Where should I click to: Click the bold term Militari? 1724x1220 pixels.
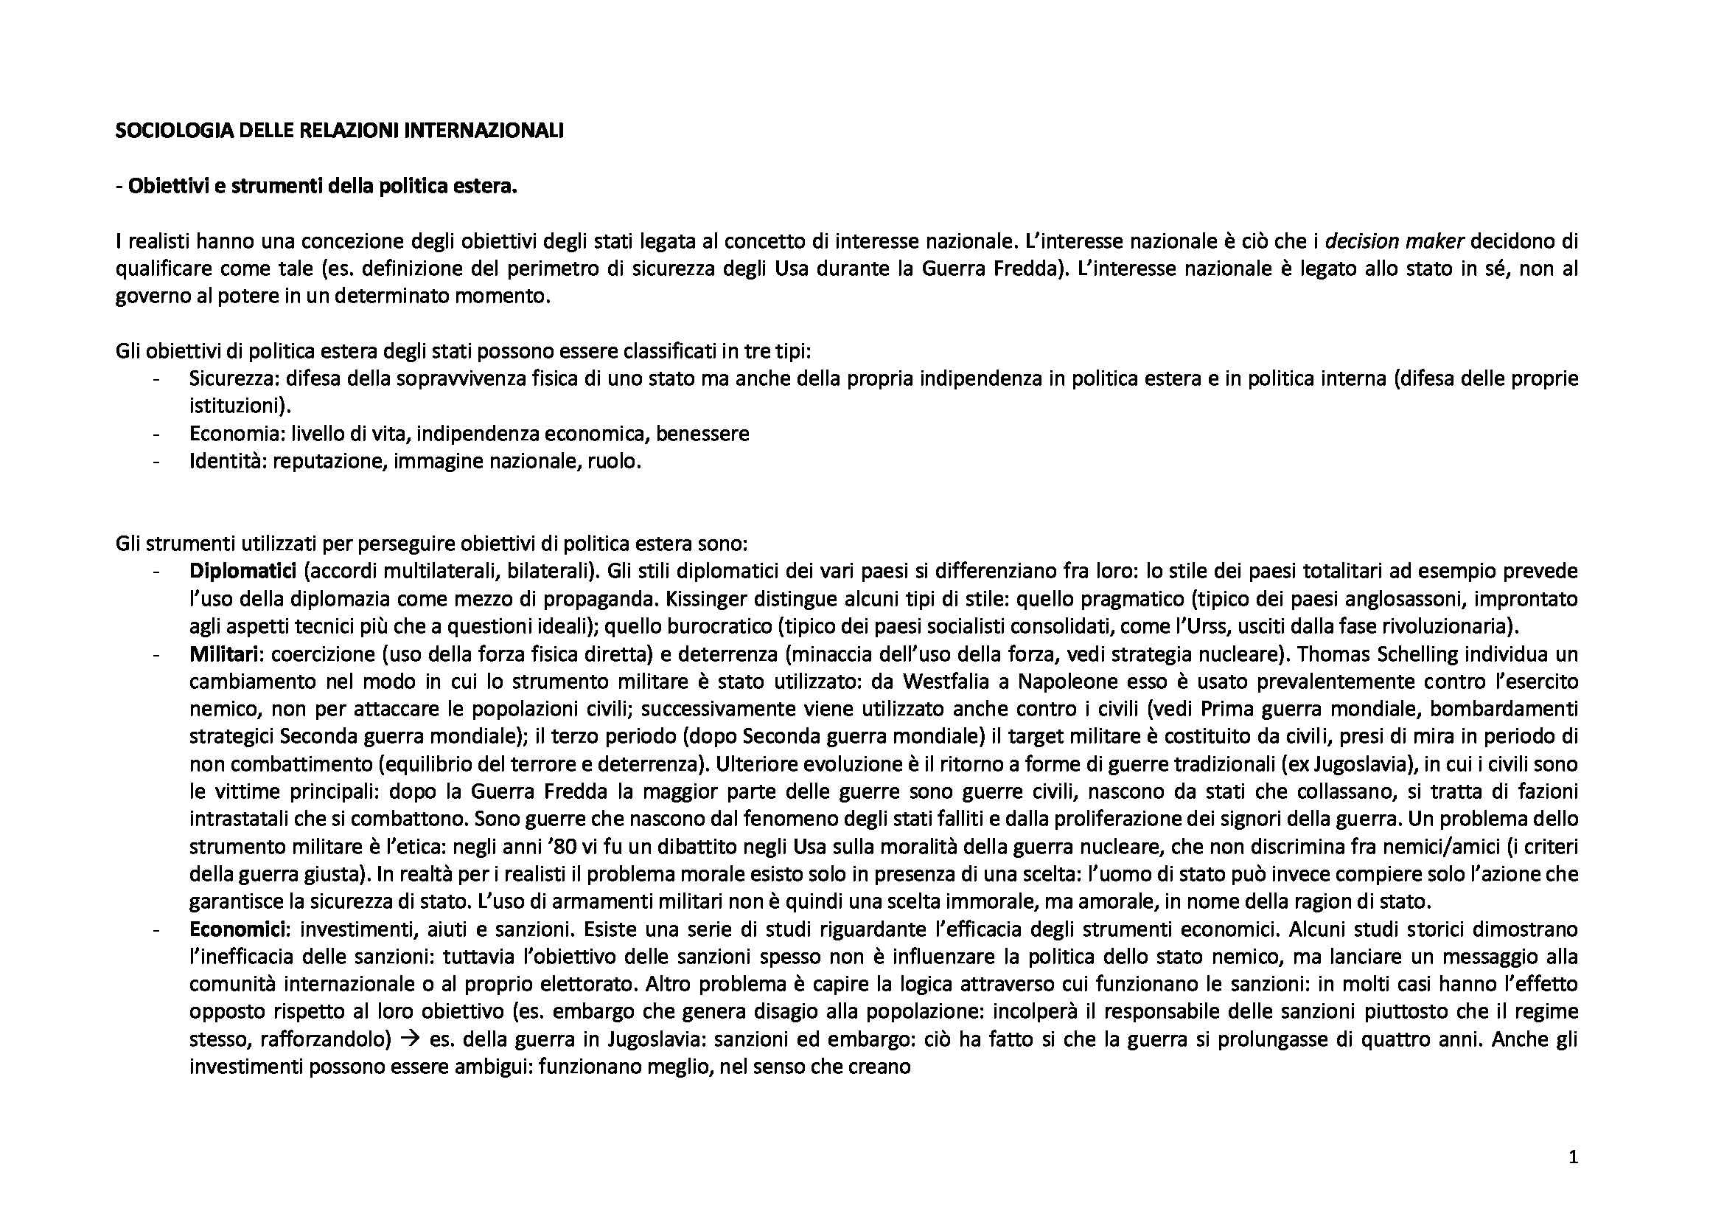[224, 654]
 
